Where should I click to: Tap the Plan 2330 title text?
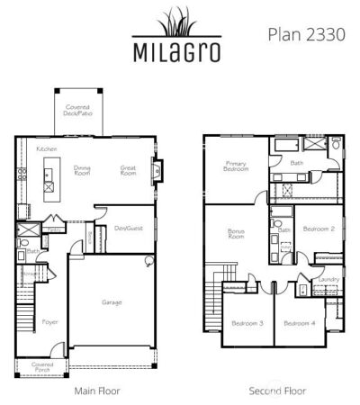302,33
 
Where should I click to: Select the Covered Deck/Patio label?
77,112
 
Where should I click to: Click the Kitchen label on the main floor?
47,148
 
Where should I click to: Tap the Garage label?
112,302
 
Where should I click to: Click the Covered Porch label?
42,366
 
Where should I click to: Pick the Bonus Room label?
236,235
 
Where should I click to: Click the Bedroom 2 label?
319,229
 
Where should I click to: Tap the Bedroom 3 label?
247,323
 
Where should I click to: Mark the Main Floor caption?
97,391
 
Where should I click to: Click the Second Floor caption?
277,391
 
